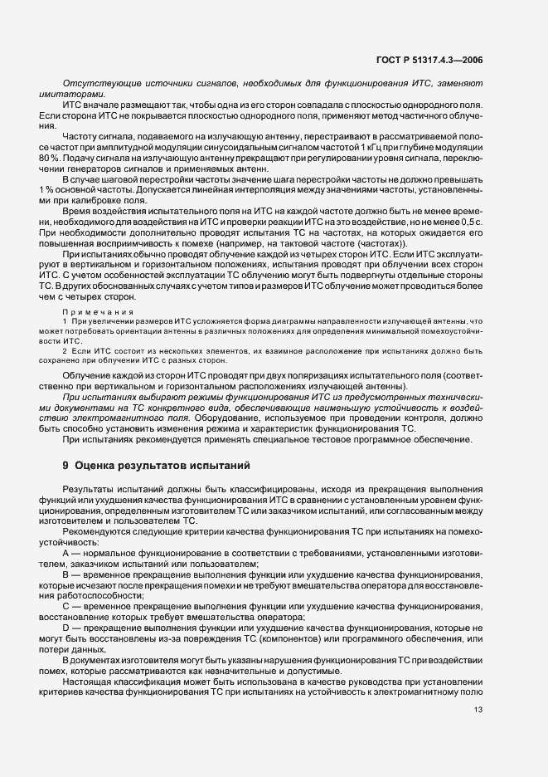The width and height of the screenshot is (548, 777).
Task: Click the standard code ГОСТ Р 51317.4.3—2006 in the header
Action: pos(427,60)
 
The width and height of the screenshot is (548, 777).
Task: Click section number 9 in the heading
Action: pos(65,466)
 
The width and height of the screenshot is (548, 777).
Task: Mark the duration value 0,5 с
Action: pos(471,222)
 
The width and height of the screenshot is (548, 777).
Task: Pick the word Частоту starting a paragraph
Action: pos(80,134)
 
